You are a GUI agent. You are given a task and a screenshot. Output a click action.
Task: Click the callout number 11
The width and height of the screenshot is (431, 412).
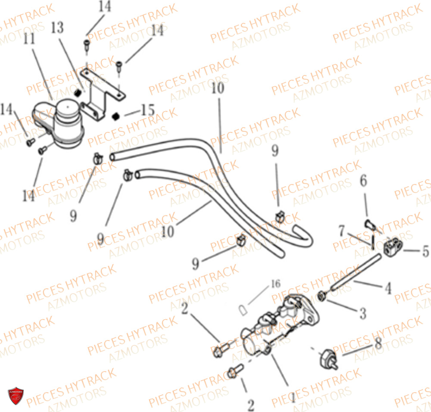[29, 39]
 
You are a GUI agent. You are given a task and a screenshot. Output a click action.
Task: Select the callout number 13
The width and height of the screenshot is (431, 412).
[57, 28]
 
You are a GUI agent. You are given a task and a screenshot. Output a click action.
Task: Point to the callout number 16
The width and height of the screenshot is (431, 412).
[276, 284]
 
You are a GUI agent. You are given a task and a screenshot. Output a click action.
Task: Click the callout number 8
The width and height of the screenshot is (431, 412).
[378, 343]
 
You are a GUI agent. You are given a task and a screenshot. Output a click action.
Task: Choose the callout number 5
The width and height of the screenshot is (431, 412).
[425, 251]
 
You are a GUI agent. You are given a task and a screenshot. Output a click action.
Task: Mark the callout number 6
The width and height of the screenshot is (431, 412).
[363, 181]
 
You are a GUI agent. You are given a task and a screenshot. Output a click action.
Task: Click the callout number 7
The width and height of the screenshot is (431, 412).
[342, 231]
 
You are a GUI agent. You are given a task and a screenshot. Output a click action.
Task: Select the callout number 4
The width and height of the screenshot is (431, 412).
[388, 288]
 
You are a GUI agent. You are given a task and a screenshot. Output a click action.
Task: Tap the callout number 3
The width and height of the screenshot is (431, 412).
[363, 313]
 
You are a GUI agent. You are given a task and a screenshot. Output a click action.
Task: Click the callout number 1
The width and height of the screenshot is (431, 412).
[293, 398]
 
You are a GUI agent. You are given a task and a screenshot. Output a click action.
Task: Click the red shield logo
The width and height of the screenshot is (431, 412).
[16, 396]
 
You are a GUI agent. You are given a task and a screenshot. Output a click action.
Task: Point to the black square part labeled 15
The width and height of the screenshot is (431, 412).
[116, 116]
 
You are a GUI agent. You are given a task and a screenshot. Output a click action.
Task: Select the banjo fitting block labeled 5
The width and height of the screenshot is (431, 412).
[392, 247]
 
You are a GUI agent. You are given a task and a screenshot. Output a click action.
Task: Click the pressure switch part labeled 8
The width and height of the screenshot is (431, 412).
[329, 359]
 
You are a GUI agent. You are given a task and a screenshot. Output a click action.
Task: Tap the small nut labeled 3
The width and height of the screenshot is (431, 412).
[321, 296]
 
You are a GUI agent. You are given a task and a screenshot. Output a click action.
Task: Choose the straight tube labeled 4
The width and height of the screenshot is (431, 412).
[356, 272]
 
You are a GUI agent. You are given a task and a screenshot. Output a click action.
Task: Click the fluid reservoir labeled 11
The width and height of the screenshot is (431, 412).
[58, 124]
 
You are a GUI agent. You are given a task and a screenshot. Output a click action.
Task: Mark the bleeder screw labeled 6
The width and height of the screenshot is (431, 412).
[370, 225]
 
